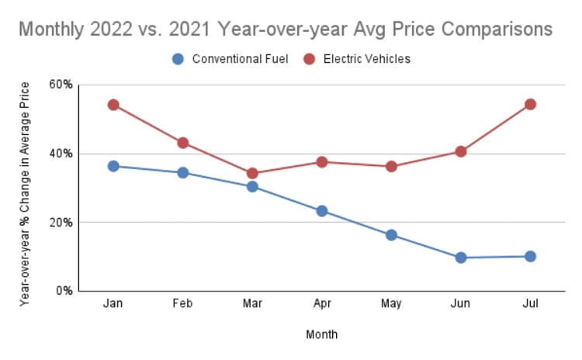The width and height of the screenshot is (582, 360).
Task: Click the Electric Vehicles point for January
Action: (113, 105)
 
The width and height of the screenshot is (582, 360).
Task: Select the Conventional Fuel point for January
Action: (113, 166)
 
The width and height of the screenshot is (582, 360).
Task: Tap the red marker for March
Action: (252, 173)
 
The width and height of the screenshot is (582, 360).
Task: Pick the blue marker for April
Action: (321, 211)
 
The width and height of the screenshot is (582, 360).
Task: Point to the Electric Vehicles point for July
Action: (530, 104)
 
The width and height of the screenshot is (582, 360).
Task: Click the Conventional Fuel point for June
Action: (460, 258)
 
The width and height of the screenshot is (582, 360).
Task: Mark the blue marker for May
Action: (391, 235)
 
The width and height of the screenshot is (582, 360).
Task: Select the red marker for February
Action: (183, 143)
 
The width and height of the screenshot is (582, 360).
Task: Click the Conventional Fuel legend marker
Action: (178, 59)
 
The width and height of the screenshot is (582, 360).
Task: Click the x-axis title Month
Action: (321, 335)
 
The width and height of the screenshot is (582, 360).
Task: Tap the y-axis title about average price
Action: (26, 189)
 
